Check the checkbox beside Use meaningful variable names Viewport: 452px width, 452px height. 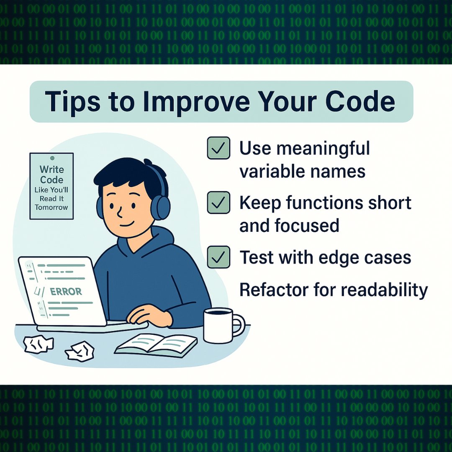pyautogui.click(x=218, y=148)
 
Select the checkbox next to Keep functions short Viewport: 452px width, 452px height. pyautogui.click(x=218, y=203)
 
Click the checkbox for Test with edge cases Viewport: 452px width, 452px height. pyautogui.click(x=218, y=257)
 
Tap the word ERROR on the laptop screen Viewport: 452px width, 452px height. pyautogui.click(x=66, y=291)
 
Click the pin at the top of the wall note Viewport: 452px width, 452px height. pyautogui.click(x=52, y=158)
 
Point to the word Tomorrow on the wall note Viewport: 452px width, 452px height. pyautogui.click(x=51, y=207)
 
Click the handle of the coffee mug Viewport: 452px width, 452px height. pyautogui.click(x=239, y=325)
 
